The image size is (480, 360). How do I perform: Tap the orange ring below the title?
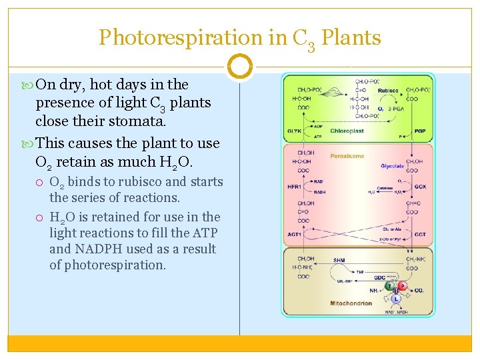pyautogui.click(x=240, y=66)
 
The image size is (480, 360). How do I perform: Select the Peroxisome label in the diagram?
pyautogui.click(x=348, y=156)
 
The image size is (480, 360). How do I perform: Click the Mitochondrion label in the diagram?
pyautogui.click(x=351, y=304)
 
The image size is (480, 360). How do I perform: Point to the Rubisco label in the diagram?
pyautogui.click(x=388, y=91)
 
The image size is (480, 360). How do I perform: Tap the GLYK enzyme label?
pyautogui.click(x=295, y=131)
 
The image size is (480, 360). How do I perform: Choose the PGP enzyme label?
pyautogui.click(x=420, y=131)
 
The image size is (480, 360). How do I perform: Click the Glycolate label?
pyautogui.click(x=393, y=165)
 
